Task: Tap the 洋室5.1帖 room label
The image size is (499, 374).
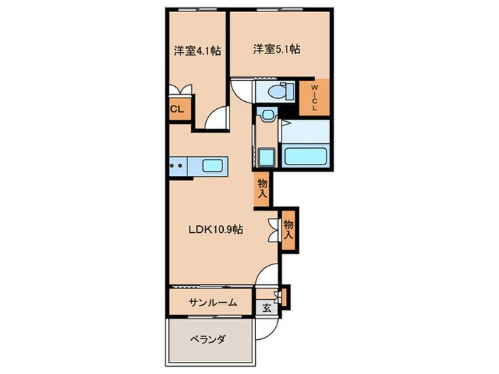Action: (275, 49)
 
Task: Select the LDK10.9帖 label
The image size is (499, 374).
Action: (216, 230)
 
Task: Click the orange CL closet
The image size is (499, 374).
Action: (177, 109)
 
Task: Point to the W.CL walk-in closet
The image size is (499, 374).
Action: (314, 98)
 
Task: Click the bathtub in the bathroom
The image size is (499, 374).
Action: (306, 156)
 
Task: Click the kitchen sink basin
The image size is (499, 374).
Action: (212, 166)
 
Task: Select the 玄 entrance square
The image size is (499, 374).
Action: (265, 308)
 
